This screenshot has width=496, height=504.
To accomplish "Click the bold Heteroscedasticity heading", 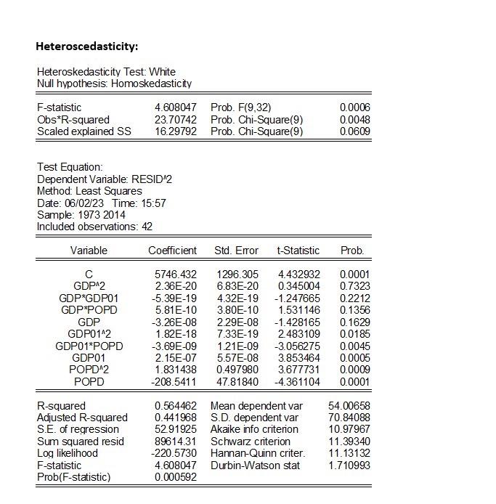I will [x=86, y=46].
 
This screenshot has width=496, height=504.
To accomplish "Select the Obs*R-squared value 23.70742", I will [x=175, y=119].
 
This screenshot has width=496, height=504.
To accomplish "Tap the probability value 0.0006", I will [x=355, y=107].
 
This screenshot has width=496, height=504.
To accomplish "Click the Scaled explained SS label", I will [x=84, y=131].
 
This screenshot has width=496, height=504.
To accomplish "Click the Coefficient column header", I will [x=172, y=251].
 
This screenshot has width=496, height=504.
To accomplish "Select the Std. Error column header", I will [x=236, y=251].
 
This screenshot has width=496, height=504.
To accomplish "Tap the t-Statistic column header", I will [x=298, y=251].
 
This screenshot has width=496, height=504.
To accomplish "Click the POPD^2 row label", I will [x=89, y=370].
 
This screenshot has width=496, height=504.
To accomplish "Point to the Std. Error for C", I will [x=237, y=275].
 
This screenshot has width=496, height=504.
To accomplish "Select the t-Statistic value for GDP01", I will [x=299, y=358].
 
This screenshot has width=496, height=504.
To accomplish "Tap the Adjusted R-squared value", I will [x=176, y=418].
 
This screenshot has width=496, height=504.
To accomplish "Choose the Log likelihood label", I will [x=68, y=453].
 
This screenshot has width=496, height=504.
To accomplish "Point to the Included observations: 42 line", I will [x=94, y=227].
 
